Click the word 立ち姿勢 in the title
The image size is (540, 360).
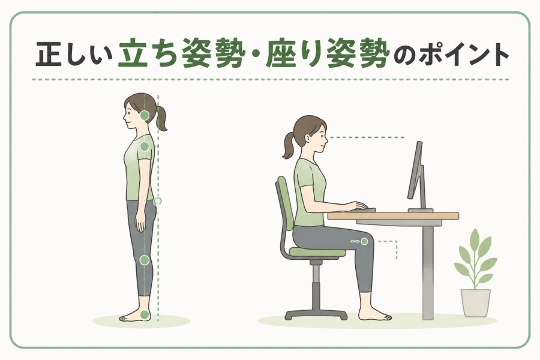tap(178, 54)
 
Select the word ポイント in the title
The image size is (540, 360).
tap(464, 55)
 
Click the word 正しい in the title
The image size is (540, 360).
tap(74, 55)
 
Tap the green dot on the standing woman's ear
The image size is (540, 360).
tap(145, 115)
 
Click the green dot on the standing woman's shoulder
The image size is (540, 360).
tap(145, 146)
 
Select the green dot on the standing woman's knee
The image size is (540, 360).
tap(145, 260)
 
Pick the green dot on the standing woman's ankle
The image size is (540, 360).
tap(145, 314)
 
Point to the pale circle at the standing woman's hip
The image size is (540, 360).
tap(157, 201)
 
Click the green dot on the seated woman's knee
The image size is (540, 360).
tap(364, 241)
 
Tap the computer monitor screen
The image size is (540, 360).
tap(415, 170)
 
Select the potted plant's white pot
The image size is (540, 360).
tap(476, 303)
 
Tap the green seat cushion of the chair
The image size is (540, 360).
tap(317, 253)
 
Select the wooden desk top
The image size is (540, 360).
tap(393, 216)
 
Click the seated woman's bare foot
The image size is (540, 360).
tap(374, 313)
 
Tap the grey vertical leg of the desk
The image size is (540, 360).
tap(428, 272)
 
